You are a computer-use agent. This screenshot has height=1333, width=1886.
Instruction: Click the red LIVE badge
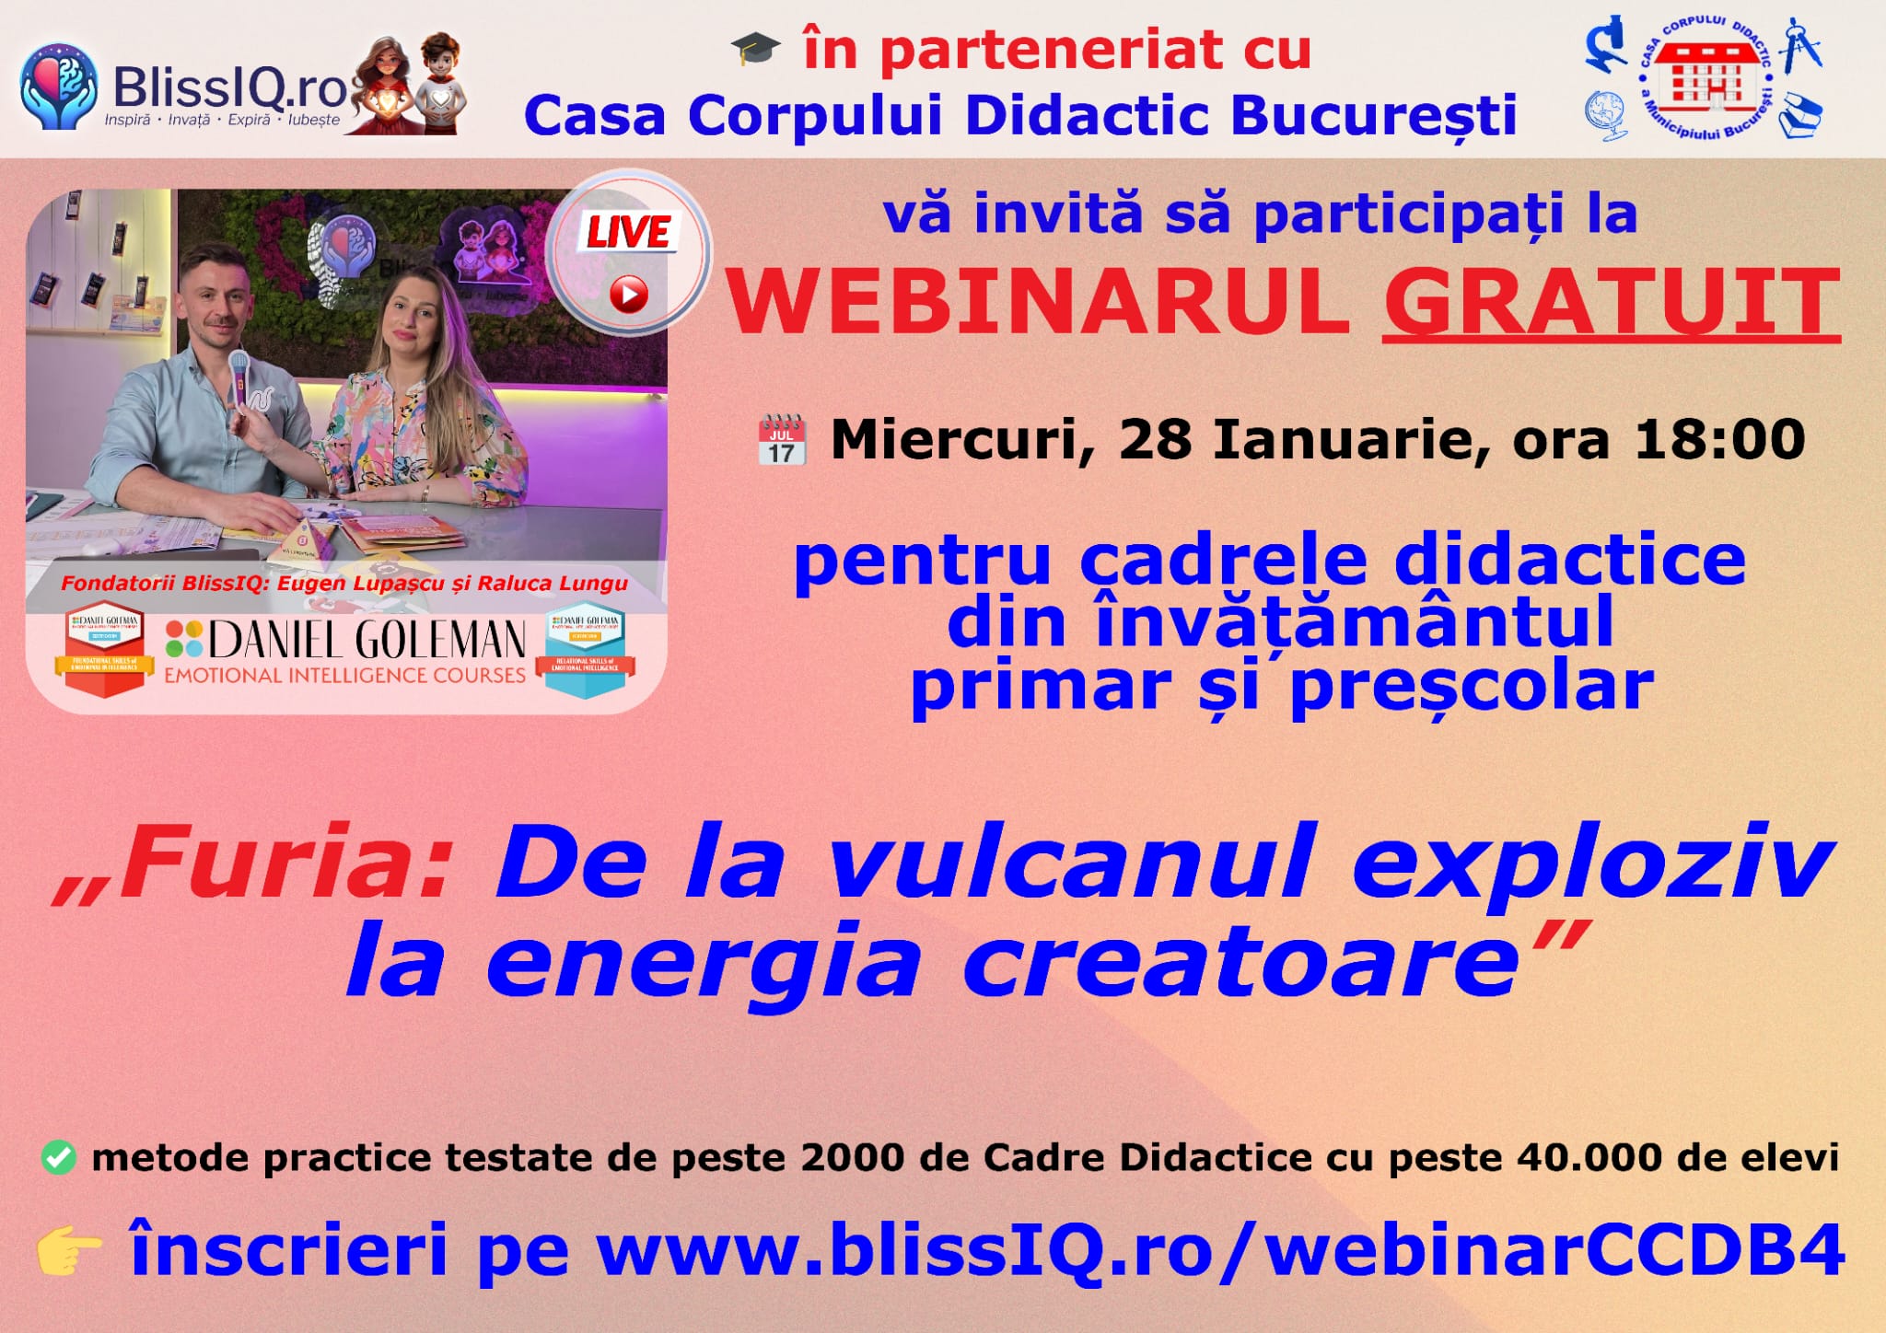[x=630, y=232]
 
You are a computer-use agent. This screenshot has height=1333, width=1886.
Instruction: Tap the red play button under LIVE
[x=629, y=295]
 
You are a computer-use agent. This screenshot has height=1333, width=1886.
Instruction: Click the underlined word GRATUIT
[x=1611, y=303]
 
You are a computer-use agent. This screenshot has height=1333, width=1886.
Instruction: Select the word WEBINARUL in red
[x=1038, y=303]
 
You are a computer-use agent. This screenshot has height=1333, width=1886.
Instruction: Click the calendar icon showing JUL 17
[x=782, y=441]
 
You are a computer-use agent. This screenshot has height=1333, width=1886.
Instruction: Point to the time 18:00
[x=1719, y=439]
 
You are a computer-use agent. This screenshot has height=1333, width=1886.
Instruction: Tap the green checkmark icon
[x=59, y=1157]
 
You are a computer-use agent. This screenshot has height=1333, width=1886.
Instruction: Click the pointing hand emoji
[x=70, y=1251]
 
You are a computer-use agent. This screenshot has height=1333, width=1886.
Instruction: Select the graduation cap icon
[x=755, y=48]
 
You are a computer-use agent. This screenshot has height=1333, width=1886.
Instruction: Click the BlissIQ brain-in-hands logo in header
[x=59, y=85]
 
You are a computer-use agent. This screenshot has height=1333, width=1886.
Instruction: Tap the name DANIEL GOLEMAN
[x=367, y=640]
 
